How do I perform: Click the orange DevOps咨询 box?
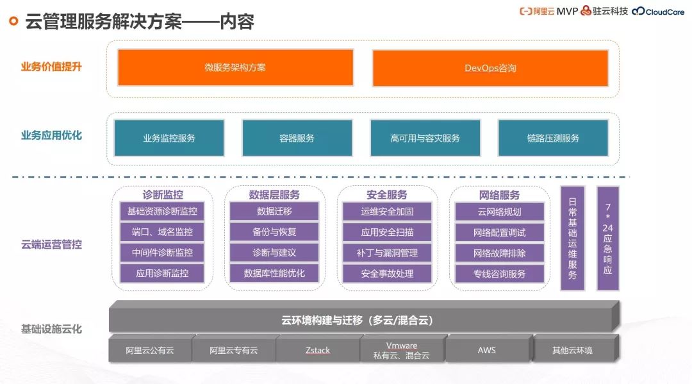490,68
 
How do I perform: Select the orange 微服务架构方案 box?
235,68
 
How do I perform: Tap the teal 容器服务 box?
297,138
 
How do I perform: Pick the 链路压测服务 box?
553,138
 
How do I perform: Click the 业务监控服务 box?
169,138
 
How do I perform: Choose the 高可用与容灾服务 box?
425,138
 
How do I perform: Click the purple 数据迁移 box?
274,212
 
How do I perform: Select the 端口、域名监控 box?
162,232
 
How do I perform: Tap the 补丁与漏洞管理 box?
387,253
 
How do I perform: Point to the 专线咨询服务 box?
499,274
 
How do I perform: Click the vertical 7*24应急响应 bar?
608,238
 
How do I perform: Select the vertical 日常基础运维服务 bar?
573,238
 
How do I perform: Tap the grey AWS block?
486,350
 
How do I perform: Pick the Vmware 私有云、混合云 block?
402,350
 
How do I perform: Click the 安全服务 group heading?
387,195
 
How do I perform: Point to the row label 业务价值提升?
51,67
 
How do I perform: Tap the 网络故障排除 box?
499,253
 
